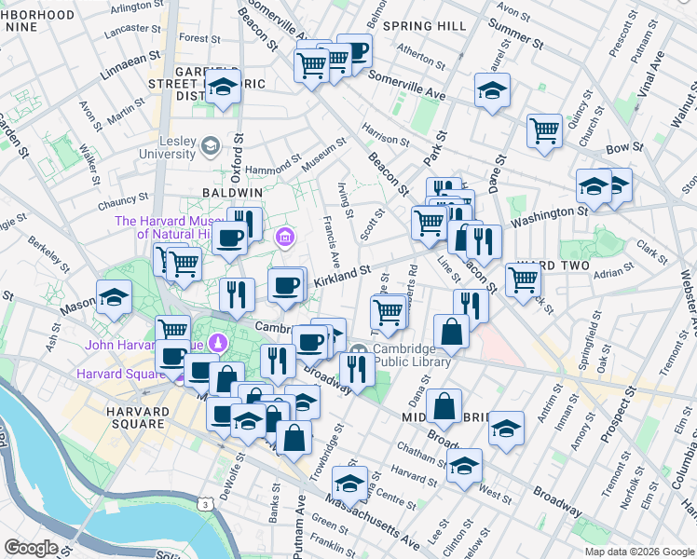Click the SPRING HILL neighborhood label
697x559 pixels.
[424, 25]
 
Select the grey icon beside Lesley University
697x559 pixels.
[212, 144]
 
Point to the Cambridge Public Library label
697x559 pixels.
[412, 356]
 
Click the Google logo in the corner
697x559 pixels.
[31, 548]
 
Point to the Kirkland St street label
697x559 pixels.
[342, 274]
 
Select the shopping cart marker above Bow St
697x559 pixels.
[544, 130]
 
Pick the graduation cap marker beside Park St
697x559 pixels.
[490, 90]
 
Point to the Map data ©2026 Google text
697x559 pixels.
[638, 552]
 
